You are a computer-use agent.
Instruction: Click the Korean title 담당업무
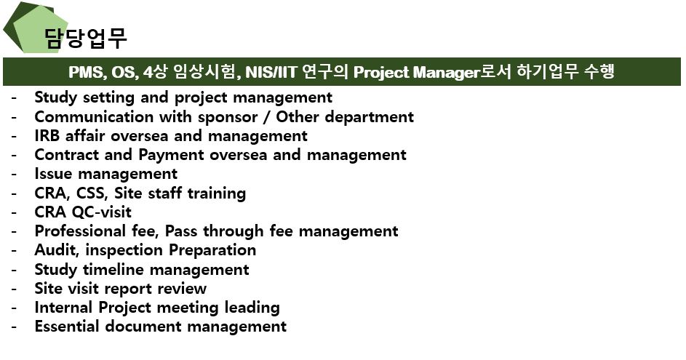coord(86,38)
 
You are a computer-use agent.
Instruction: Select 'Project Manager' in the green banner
coord(416,72)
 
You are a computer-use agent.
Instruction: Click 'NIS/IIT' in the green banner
coord(271,72)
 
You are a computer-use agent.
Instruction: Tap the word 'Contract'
coord(67,155)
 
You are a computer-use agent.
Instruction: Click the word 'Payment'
coord(172,156)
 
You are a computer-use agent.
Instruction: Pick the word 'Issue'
coord(53,174)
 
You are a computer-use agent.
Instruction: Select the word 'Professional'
coord(80,231)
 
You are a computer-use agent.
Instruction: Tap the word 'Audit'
coord(57,250)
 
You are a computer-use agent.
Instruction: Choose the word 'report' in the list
coord(129,289)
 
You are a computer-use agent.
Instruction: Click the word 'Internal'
coord(64,307)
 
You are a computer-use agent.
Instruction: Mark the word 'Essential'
coord(67,327)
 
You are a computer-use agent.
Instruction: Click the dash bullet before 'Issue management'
coord(14,175)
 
